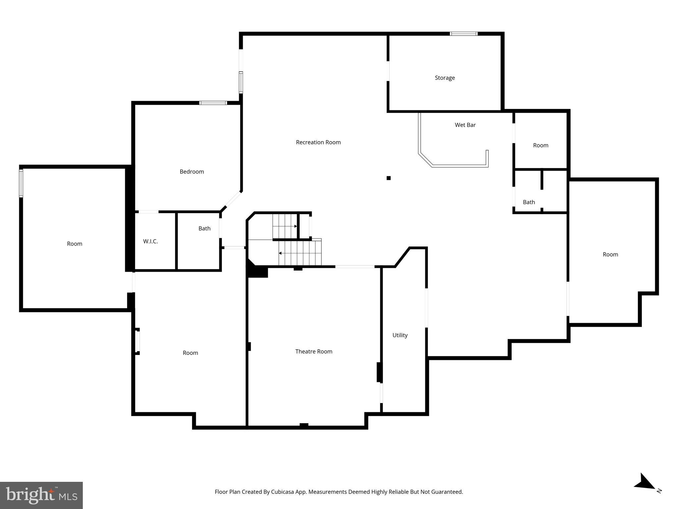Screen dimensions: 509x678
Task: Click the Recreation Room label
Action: pos(318,142)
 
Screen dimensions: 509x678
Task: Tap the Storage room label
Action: pos(444,78)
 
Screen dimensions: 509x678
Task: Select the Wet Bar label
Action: pos(465,125)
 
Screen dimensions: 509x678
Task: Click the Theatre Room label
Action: pos(314,351)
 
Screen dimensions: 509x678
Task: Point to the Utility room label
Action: pos(400,335)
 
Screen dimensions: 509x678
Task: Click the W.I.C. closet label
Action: pos(150,241)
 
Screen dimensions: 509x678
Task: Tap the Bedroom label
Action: pos(192,171)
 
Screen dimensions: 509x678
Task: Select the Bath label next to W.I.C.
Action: pos(204,228)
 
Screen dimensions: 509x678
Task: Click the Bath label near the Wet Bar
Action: pos(529,202)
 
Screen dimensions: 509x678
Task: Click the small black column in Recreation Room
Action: pos(389,178)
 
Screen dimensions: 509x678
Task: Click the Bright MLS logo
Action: pos(41,495)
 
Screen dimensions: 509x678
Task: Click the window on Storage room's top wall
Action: pos(463,34)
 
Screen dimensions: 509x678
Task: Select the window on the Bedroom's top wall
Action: pos(213,103)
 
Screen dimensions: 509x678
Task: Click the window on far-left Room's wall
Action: pos(21,183)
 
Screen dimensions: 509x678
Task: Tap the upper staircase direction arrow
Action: pos(295,226)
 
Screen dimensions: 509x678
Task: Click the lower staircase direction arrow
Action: pos(280,253)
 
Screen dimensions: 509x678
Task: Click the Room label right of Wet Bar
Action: pos(541,145)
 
